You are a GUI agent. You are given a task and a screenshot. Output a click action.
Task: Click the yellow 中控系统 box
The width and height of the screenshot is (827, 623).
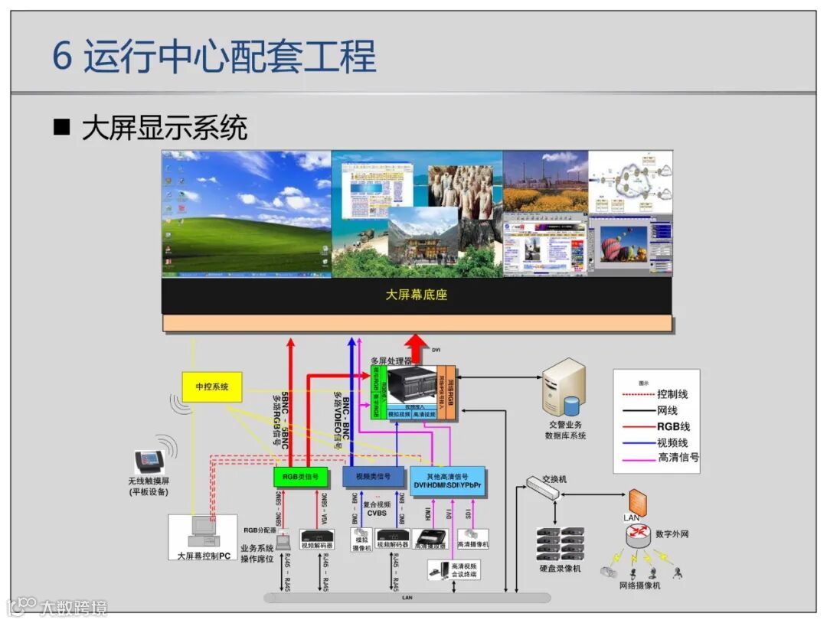(x=211, y=387)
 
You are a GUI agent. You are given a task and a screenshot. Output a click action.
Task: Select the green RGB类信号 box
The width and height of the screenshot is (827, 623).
(x=300, y=477)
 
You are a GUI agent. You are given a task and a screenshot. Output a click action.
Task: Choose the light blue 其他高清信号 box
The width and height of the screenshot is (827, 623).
(x=447, y=478)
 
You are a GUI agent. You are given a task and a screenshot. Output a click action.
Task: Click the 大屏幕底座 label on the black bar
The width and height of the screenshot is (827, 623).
(x=416, y=295)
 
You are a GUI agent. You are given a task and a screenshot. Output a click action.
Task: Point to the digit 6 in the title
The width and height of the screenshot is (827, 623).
(x=62, y=57)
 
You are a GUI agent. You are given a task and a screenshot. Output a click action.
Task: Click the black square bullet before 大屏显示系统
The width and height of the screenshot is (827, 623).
(x=61, y=126)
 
